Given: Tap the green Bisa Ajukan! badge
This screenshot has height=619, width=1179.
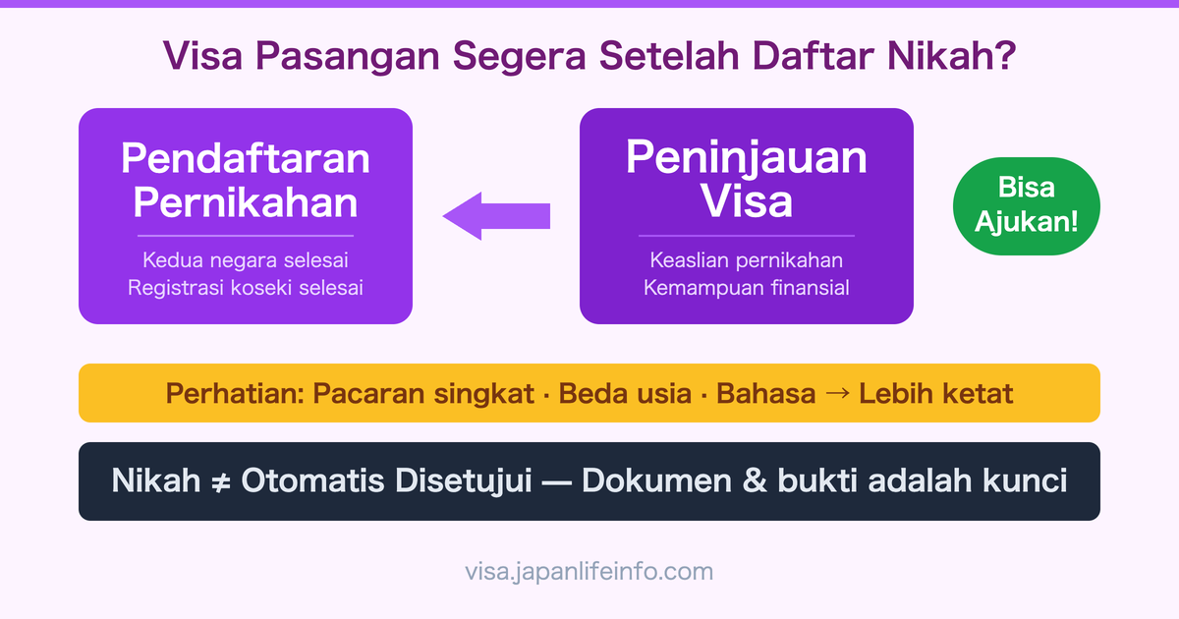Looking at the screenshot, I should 1026,205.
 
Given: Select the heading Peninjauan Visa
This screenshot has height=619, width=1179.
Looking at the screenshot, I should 747,180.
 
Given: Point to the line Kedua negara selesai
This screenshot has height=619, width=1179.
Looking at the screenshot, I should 245,261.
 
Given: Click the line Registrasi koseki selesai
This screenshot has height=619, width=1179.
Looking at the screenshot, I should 245,288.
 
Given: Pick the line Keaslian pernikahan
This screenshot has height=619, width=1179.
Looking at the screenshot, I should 747,261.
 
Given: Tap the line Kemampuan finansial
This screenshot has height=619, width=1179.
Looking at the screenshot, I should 747,288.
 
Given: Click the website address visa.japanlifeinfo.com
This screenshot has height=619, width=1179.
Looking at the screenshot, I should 589,571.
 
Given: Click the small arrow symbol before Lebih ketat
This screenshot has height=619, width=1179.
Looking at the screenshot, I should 837,394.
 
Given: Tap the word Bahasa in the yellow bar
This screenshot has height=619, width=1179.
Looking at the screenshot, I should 766,394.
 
